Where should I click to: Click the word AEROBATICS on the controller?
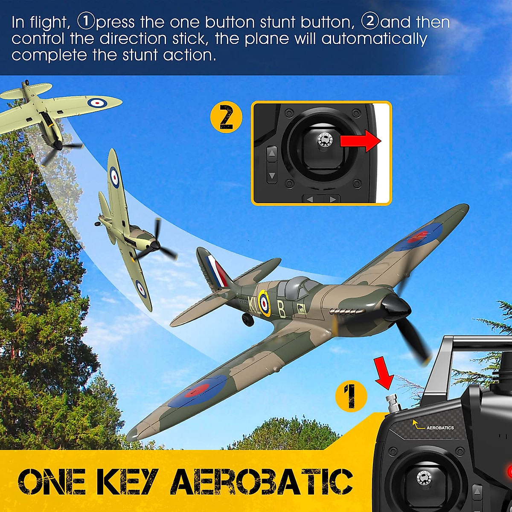(x=440, y=428)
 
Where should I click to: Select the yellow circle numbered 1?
(x=351, y=396)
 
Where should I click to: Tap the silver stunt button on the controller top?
(x=391, y=404)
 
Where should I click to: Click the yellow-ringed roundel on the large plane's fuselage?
(x=265, y=303)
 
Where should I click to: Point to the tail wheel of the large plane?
(x=246, y=318)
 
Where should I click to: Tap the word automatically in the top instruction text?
(x=374, y=39)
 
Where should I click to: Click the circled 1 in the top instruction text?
(x=85, y=21)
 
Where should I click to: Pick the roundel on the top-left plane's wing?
(x=97, y=102)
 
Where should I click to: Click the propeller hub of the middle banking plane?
(x=155, y=246)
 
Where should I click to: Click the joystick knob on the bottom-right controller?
(x=424, y=477)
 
